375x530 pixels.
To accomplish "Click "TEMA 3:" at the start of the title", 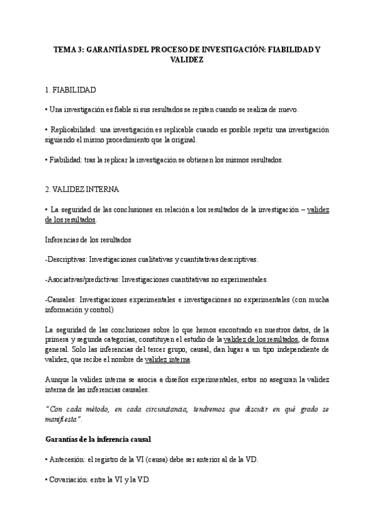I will click(x=67, y=48).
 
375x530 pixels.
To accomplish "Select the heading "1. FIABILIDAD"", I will click(x=71, y=90).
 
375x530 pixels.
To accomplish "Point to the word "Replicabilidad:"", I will click(x=74, y=129).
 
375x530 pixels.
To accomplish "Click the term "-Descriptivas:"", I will click(x=66, y=259).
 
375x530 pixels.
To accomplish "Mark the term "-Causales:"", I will click(x=61, y=299).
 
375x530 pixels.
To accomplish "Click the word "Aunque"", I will click(x=57, y=379).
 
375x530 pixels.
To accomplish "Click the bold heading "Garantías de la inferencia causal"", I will click(x=98, y=439).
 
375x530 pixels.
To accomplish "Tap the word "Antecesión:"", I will click(x=70, y=459).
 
